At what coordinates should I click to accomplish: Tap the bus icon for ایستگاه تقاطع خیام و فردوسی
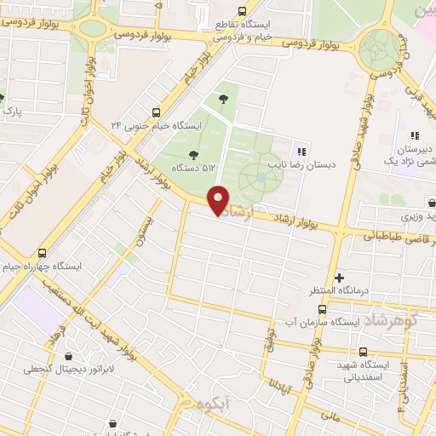(242, 11)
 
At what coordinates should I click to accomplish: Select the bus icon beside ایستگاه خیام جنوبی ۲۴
(156, 112)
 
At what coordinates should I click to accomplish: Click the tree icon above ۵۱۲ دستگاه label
(192, 154)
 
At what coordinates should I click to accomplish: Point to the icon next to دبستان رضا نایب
(301, 151)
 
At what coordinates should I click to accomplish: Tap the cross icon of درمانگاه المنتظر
(340, 278)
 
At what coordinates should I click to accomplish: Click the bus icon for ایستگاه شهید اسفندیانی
(364, 352)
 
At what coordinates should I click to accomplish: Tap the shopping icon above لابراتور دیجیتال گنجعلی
(67, 357)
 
